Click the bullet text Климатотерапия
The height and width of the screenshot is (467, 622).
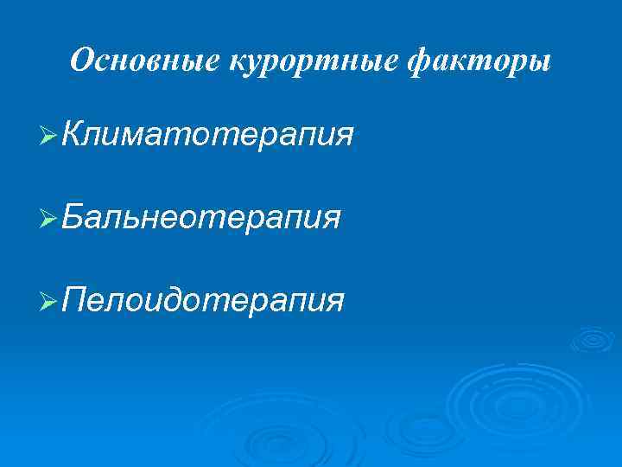(207, 135)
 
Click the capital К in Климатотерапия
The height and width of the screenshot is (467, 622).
(75, 135)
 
